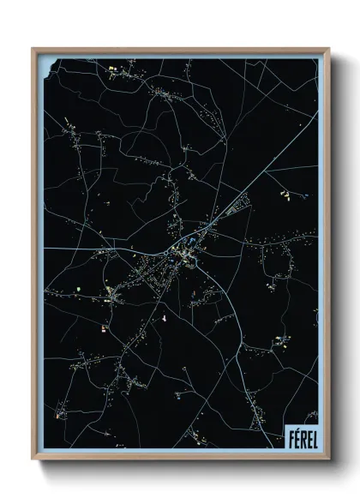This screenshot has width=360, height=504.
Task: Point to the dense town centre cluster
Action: (182, 252)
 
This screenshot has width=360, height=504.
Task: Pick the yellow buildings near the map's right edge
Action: (285, 195)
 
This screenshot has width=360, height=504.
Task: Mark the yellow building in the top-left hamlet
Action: (111, 65)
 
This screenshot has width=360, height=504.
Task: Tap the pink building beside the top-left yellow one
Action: (118, 65)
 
